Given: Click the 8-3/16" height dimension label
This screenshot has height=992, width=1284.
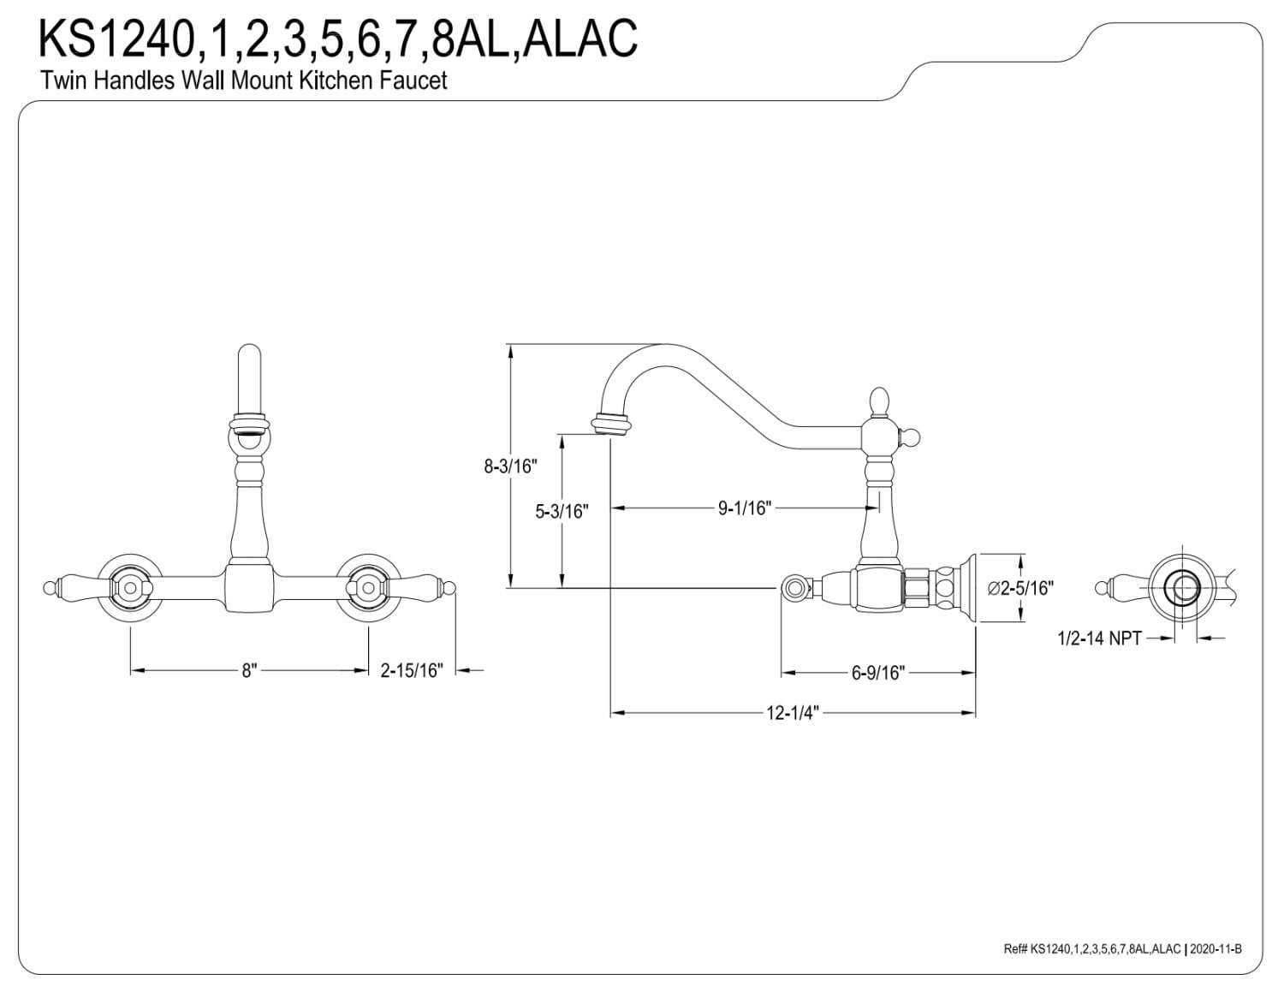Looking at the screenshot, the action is (510, 466).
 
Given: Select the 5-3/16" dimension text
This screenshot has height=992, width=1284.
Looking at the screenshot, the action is (562, 511).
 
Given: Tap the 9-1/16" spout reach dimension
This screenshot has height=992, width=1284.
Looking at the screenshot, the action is (745, 508).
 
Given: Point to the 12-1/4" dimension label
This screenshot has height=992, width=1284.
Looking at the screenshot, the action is (793, 713).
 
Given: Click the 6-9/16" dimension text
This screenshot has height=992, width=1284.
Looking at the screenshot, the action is (878, 673).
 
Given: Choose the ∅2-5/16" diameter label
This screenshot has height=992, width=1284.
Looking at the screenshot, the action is (1020, 588).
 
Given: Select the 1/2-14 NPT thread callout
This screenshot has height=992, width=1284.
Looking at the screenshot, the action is (1099, 639).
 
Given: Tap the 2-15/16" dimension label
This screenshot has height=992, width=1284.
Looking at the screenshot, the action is (411, 670).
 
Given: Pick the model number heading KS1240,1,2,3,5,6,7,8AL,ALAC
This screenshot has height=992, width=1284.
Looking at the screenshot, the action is (338, 39).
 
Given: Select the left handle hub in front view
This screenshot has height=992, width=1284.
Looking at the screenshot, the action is (129, 588).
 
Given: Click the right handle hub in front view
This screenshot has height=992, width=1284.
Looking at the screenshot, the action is (369, 588).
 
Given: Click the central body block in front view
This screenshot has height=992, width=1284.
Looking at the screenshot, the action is (249, 589).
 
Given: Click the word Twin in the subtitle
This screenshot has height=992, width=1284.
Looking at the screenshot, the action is (64, 80).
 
